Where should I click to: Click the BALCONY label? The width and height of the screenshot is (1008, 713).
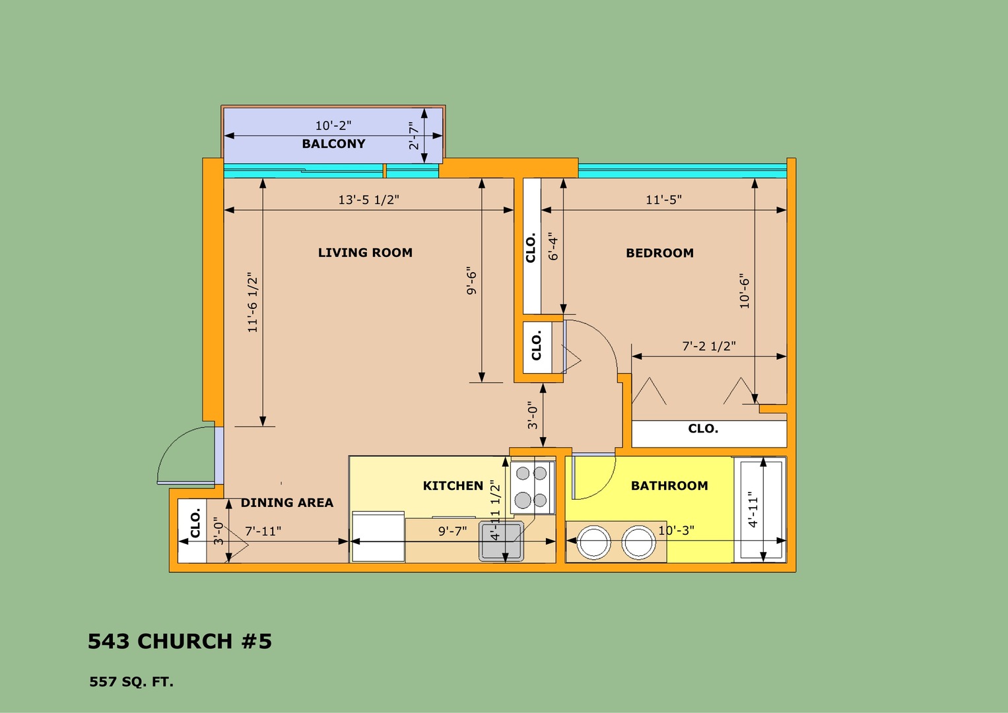click(333, 144)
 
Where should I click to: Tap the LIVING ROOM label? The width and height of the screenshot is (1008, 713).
click(366, 252)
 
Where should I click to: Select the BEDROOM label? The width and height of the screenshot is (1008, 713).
click(659, 253)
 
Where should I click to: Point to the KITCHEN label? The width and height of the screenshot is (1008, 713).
click(453, 486)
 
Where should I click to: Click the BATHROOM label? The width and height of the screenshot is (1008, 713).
click(669, 486)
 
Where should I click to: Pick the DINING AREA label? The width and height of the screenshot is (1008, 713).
click(287, 502)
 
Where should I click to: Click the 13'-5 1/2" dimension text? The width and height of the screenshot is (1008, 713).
click(368, 199)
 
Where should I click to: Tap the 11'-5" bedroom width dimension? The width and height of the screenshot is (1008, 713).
click(664, 199)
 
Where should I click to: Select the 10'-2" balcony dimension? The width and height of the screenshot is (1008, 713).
click(333, 125)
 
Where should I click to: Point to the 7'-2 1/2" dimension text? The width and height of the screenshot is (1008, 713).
click(709, 346)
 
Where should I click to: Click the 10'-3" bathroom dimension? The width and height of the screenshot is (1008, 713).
click(676, 531)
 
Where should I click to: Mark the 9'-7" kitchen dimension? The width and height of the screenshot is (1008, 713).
click(452, 531)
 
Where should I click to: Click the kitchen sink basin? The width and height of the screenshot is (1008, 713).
click(501, 541)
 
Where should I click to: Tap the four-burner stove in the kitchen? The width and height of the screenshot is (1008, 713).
click(531, 487)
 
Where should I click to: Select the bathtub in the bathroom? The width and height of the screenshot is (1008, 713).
click(760, 510)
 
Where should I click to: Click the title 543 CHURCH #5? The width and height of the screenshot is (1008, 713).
click(180, 642)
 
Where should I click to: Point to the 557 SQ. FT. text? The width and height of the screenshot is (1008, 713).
click(131, 682)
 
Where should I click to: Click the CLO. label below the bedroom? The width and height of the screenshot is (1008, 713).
click(703, 428)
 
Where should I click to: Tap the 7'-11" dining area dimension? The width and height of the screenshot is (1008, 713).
click(263, 531)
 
